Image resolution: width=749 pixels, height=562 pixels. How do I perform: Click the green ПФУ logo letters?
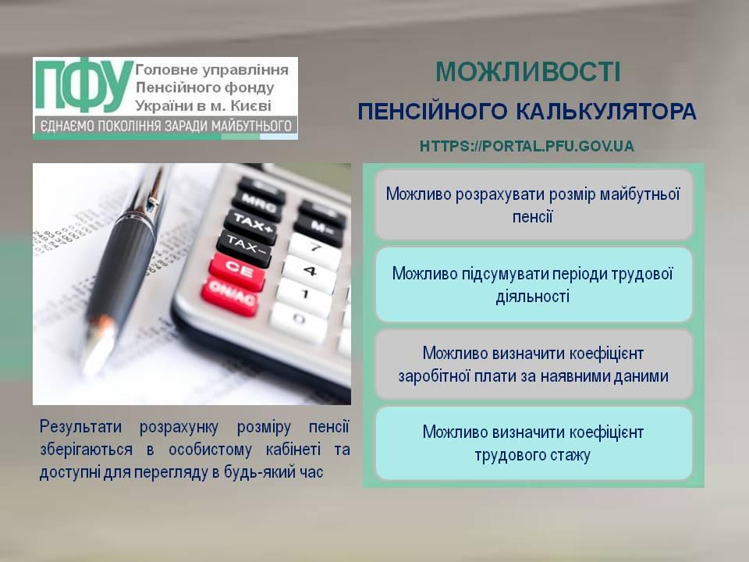[84, 84]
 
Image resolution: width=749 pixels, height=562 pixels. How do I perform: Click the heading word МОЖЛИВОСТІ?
[528, 72]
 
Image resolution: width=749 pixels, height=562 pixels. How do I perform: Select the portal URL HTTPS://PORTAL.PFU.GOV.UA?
[527, 146]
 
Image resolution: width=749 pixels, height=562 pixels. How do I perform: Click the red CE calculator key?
[237, 271]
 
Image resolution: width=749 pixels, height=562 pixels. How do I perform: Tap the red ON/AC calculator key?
[229, 297]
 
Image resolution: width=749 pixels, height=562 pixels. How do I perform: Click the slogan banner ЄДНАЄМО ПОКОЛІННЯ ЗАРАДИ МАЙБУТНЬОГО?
[165, 126]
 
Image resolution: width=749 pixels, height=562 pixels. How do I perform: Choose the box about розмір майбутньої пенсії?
[533, 205]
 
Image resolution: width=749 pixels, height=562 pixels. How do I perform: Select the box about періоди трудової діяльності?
[533, 285]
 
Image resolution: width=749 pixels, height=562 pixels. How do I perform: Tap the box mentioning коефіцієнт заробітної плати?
[533, 365]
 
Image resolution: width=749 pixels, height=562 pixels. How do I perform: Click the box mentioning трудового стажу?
[533, 443]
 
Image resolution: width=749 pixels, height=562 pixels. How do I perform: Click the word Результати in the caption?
[80, 426]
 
